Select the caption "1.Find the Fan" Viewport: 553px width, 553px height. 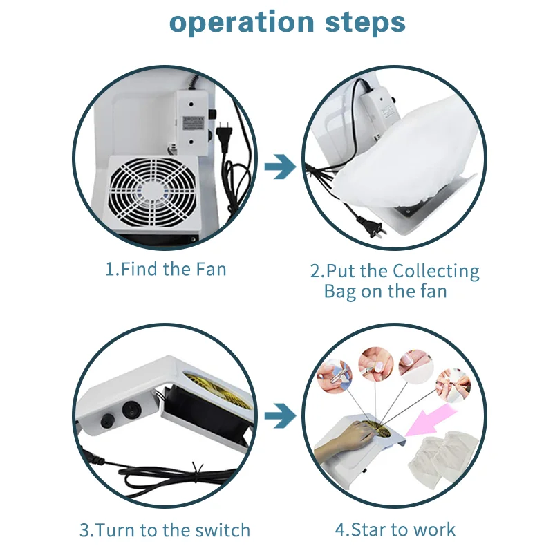pos(166,269)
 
